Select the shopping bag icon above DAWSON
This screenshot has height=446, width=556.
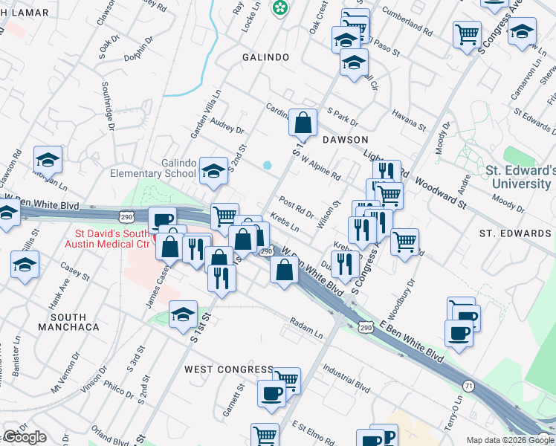point(303,123)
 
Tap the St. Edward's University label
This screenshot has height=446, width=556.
point(520,176)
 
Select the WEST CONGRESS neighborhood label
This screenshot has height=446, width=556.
point(229,369)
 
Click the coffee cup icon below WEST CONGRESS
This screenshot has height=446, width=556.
point(271,394)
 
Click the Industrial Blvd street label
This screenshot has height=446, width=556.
point(346,377)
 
